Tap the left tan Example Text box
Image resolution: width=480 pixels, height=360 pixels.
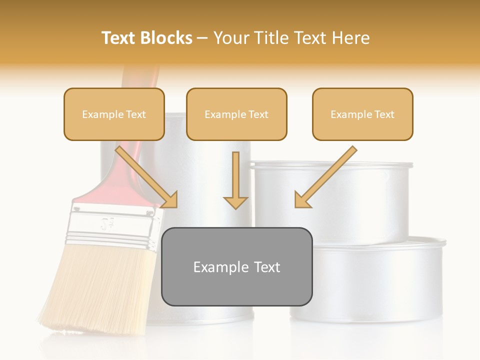coord(114,114)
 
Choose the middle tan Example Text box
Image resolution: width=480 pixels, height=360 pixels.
coord(236,114)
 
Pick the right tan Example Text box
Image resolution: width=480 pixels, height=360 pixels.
coord(362,114)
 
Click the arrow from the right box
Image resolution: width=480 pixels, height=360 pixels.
coord(325,177)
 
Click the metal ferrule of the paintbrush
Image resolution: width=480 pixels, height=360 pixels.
coord(115,225)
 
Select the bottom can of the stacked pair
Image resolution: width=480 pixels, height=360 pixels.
coord(370,280)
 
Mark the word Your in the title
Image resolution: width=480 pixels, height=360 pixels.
coord(231,38)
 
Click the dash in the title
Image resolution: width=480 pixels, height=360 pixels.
coord(202,38)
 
